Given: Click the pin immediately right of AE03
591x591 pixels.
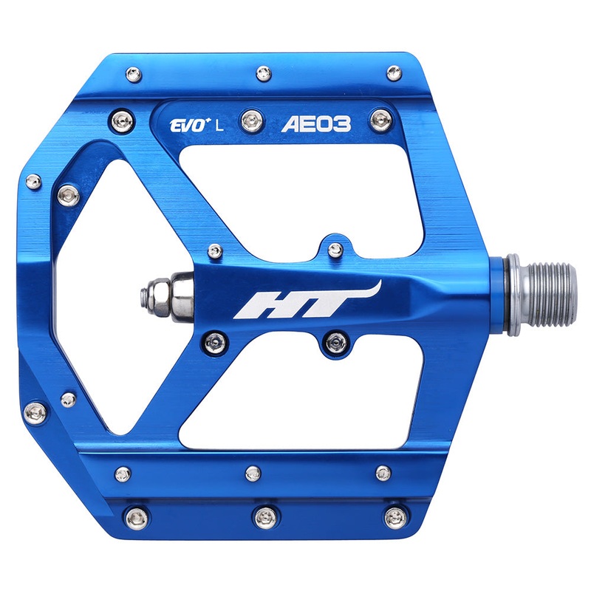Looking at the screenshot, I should pyautogui.click(x=382, y=117).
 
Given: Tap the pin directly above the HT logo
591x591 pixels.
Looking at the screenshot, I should pyautogui.click(x=335, y=249).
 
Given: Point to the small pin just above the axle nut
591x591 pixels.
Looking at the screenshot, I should pyautogui.click(x=214, y=251).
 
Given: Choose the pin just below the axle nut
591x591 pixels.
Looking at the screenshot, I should pyautogui.click(x=213, y=340).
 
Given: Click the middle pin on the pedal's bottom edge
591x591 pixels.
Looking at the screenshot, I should pyautogui.click(x=265, y=516).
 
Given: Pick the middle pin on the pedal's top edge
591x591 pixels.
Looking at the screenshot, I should pyautogui.click(x=262, y=72).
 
